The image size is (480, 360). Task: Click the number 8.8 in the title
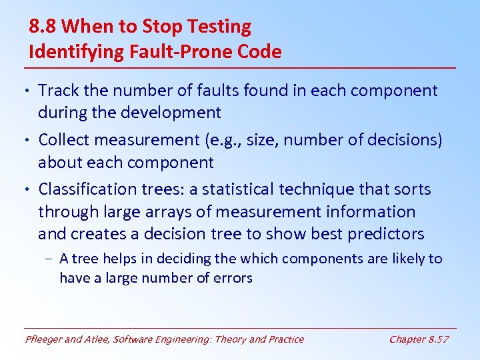43,27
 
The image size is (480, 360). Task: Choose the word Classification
88,189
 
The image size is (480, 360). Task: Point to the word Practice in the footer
285,339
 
